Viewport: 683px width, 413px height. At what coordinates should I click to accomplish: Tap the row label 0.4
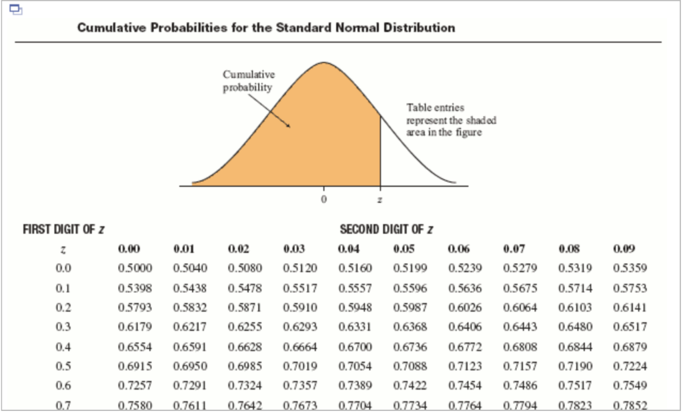coord(63,347)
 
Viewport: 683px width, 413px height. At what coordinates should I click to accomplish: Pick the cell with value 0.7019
coord(299,366)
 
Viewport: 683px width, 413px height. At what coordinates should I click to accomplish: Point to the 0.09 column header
coord(626,250)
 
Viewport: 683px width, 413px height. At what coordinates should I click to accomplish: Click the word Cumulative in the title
coord(111,28)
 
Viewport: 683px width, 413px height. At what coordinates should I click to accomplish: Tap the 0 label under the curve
coord(324,199)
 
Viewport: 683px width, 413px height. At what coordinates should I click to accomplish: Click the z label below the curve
coord(380,199)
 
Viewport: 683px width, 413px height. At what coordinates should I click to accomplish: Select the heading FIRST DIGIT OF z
coord(63,230)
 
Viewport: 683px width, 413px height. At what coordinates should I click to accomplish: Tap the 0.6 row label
coord(63,386)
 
